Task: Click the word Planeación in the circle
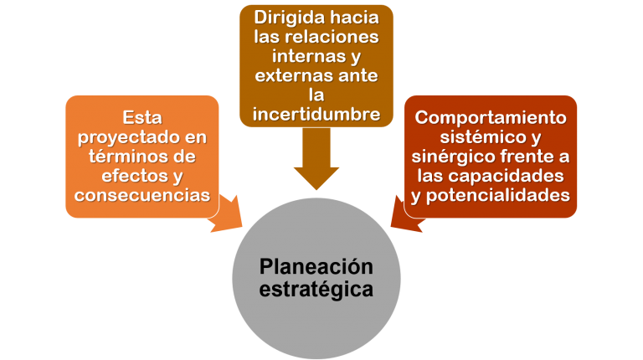316,267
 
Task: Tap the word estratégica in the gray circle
316,290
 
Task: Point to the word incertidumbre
316,113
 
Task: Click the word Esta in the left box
141,118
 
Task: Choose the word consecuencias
141,195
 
